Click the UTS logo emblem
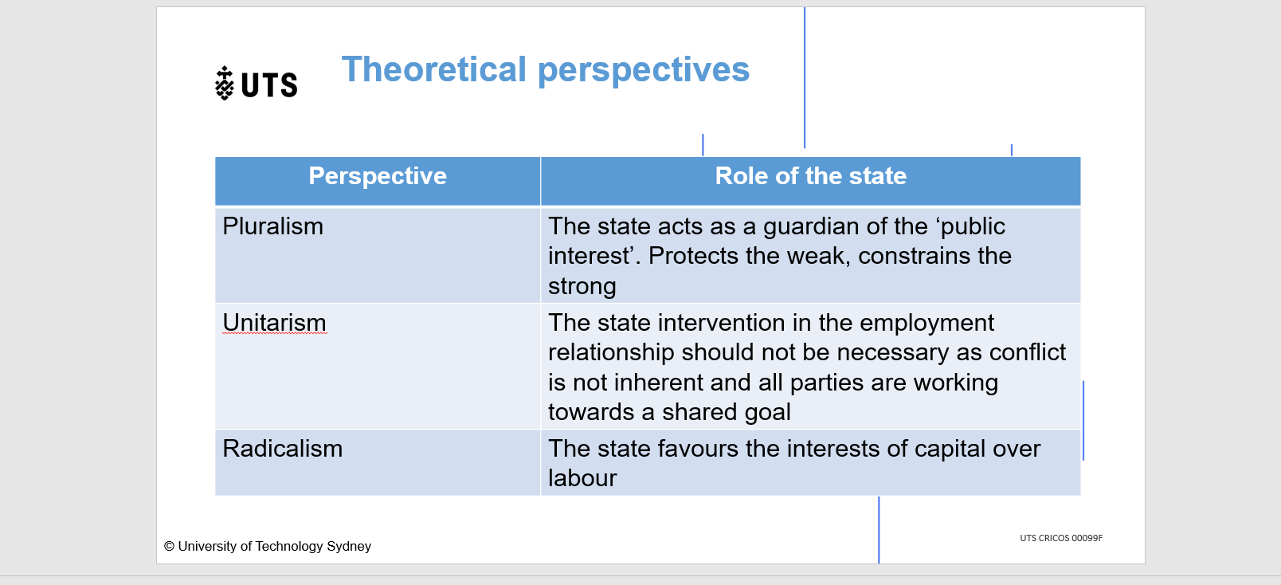[225, 84]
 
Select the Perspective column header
[378, 175]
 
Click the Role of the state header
[810, 175]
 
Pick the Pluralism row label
[272, 226]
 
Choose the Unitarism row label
[275, 322]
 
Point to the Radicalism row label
[283, 448]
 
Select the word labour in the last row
[582, 478]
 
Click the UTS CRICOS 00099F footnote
[1061, 538]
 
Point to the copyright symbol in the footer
[169, 546]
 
